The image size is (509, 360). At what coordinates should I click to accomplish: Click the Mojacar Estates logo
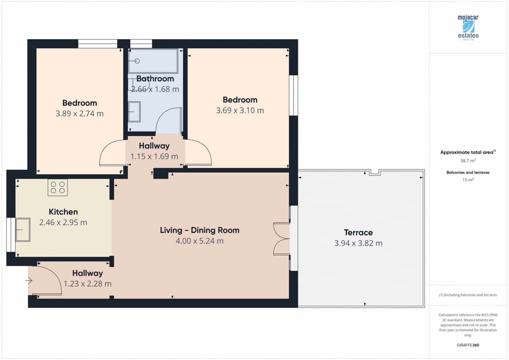[468, 28]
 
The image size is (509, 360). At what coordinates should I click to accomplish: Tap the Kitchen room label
[63, 212]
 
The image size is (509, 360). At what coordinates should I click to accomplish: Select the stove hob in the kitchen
[58, 187]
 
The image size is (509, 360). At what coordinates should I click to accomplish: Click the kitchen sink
[23, 229]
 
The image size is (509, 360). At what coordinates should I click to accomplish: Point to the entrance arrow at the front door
[29, 281]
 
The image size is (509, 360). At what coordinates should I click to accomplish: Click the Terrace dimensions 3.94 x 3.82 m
[358, 243]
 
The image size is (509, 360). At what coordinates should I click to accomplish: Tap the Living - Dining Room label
[199, 230]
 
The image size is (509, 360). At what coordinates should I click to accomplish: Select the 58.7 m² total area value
[468, 161]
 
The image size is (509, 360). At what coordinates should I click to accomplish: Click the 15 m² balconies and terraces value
[468, 180]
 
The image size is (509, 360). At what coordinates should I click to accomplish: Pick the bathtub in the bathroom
[153, 61]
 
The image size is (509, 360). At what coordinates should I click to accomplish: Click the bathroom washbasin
[134, 112]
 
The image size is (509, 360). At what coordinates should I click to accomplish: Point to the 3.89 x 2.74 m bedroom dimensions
[80, 114]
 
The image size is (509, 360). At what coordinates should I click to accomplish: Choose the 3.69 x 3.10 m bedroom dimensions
[240, 110]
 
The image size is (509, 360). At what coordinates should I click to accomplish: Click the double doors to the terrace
[282, 239]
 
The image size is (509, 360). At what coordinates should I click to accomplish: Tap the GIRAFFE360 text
[468, 345]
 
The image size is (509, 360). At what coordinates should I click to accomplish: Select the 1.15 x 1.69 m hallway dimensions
[154, 156]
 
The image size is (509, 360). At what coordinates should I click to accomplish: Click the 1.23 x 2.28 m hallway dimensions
[87, 284]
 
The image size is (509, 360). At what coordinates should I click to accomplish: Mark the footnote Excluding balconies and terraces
[468, 295]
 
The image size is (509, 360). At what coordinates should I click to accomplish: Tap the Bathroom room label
[155, 79]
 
